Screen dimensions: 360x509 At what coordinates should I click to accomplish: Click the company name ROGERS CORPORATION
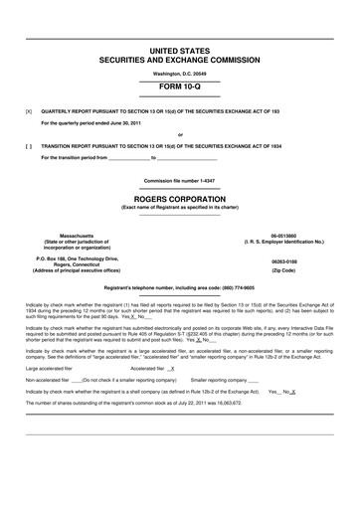(x=180, y=197)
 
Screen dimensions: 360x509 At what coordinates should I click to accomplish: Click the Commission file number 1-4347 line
(x=180, y=180)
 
